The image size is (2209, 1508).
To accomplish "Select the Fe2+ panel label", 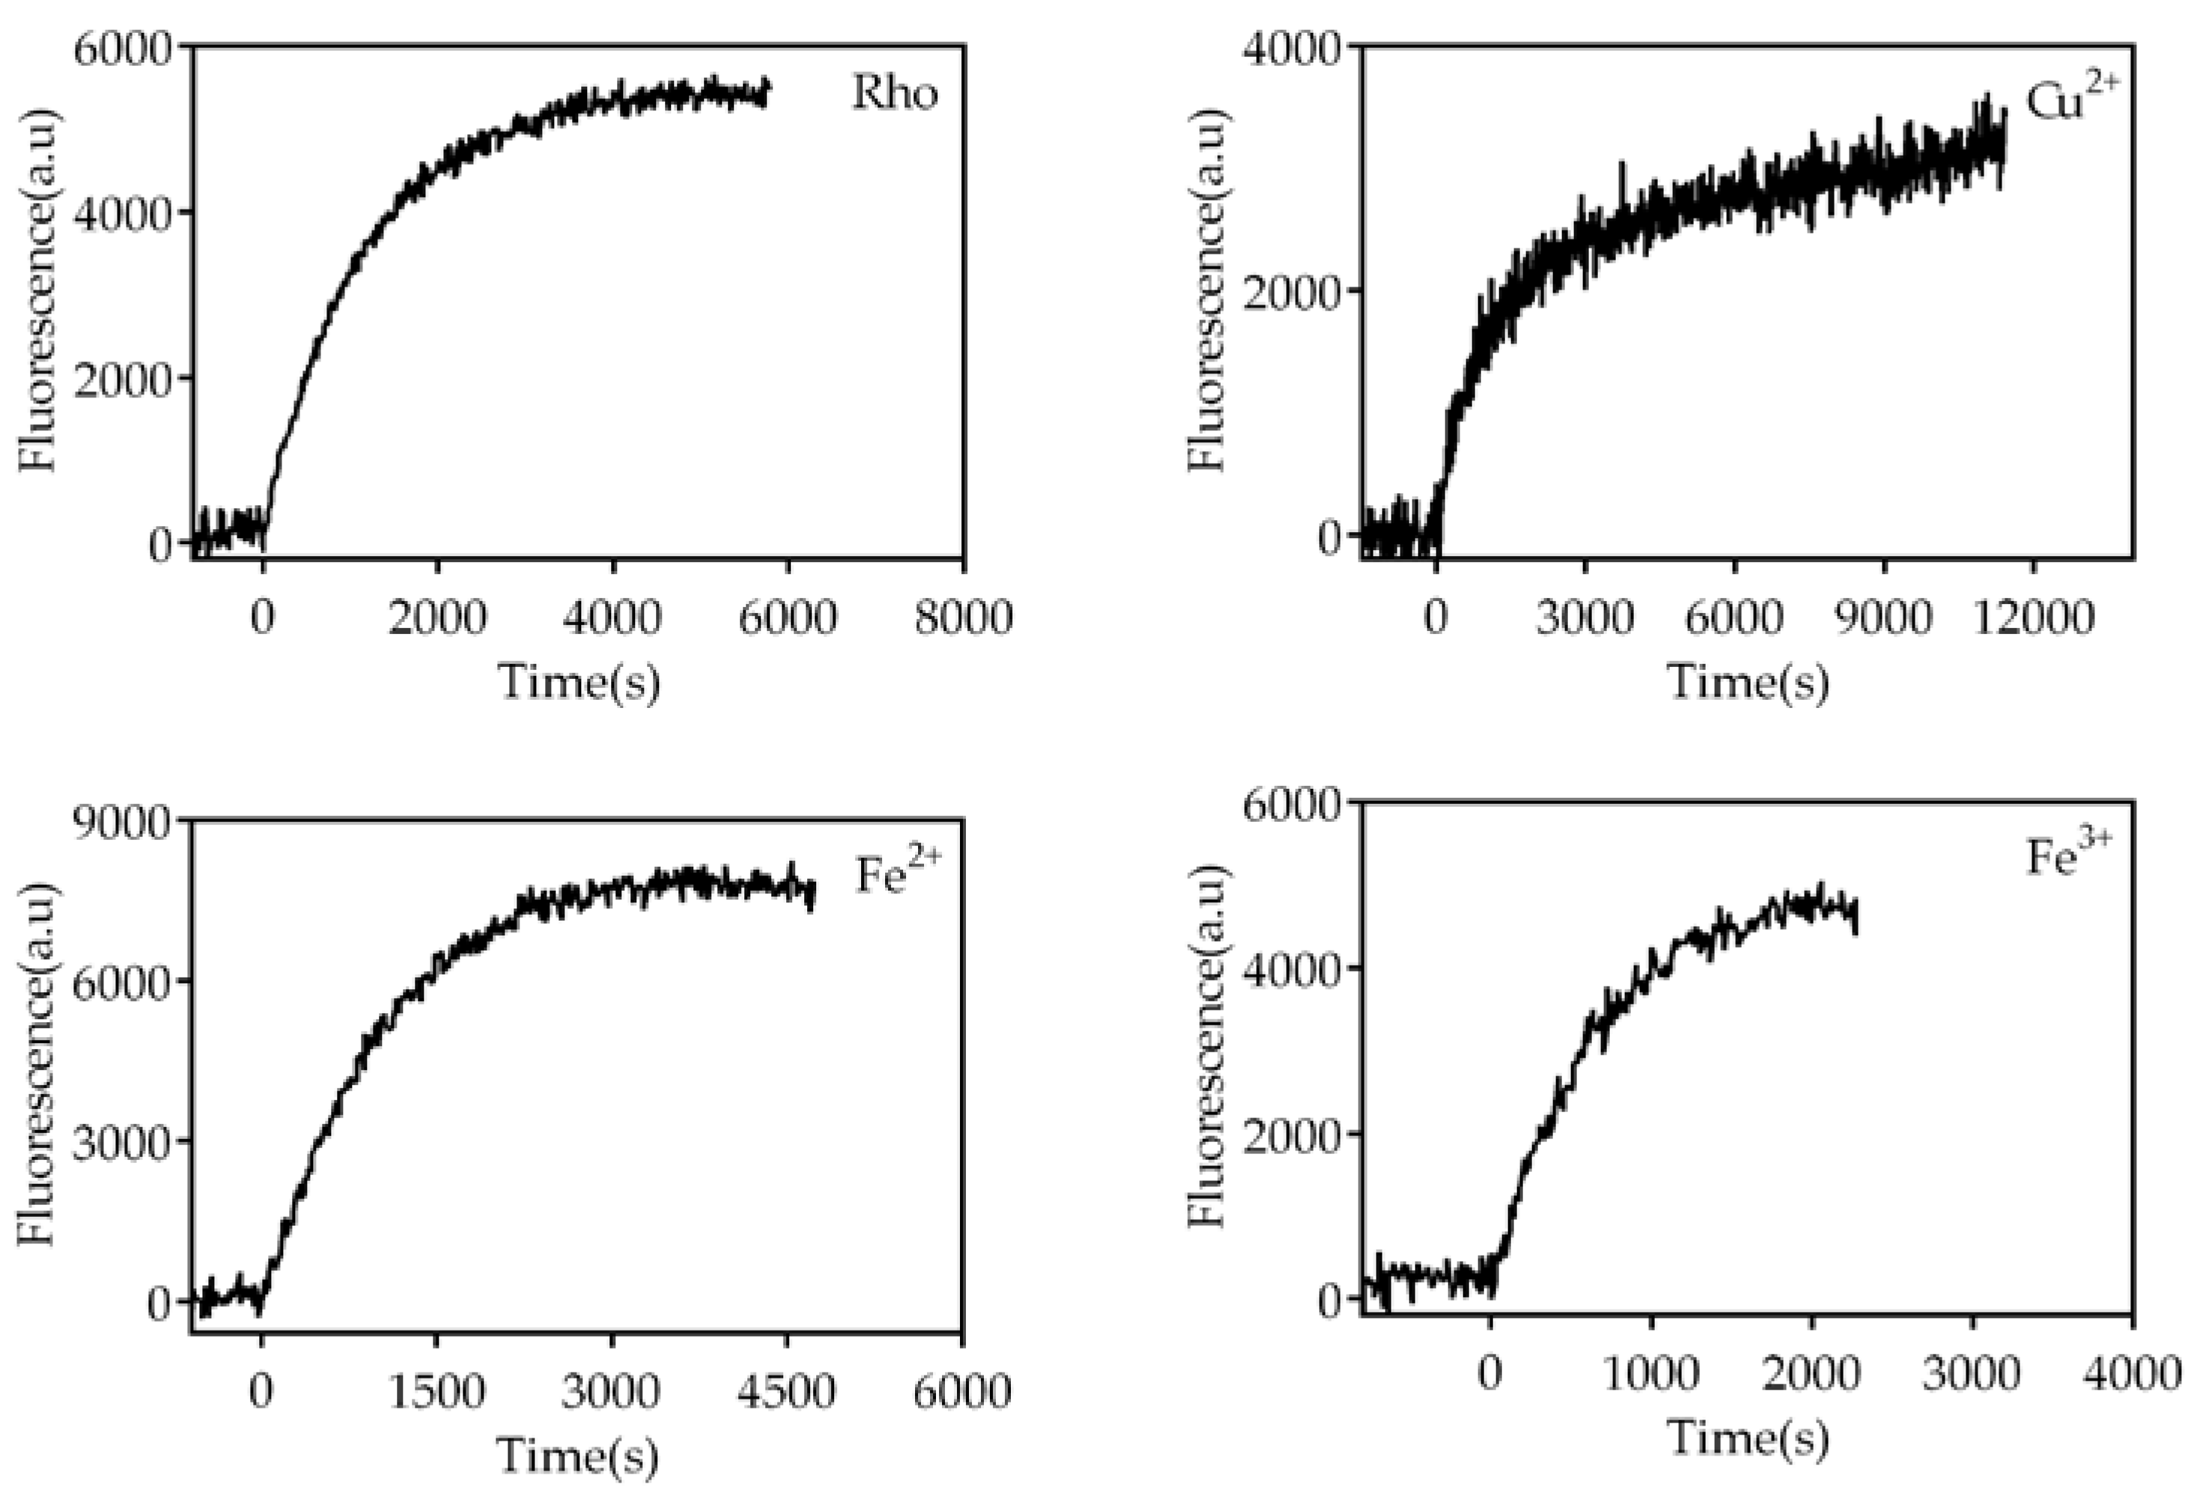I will point(897,873).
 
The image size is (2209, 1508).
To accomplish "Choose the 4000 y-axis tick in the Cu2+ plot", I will point(1292,46).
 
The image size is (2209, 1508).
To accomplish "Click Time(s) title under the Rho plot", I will point(579,683).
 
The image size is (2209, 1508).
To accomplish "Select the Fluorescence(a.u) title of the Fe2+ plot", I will point(38,1064).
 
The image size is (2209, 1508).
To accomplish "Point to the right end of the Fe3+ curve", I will point(1855,915).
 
